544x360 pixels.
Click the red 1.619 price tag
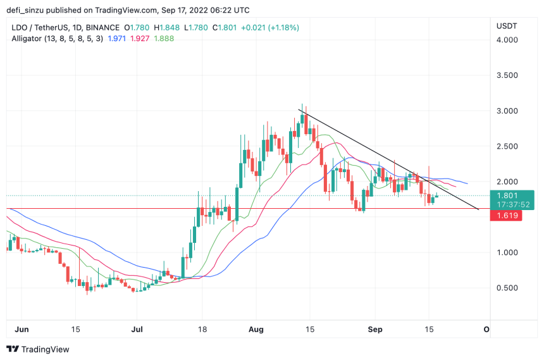tap(506, 216)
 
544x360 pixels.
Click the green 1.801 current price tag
tap(506, 196)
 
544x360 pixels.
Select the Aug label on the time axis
tap(256, 330)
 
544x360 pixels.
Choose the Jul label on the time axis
tap(137, 330)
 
